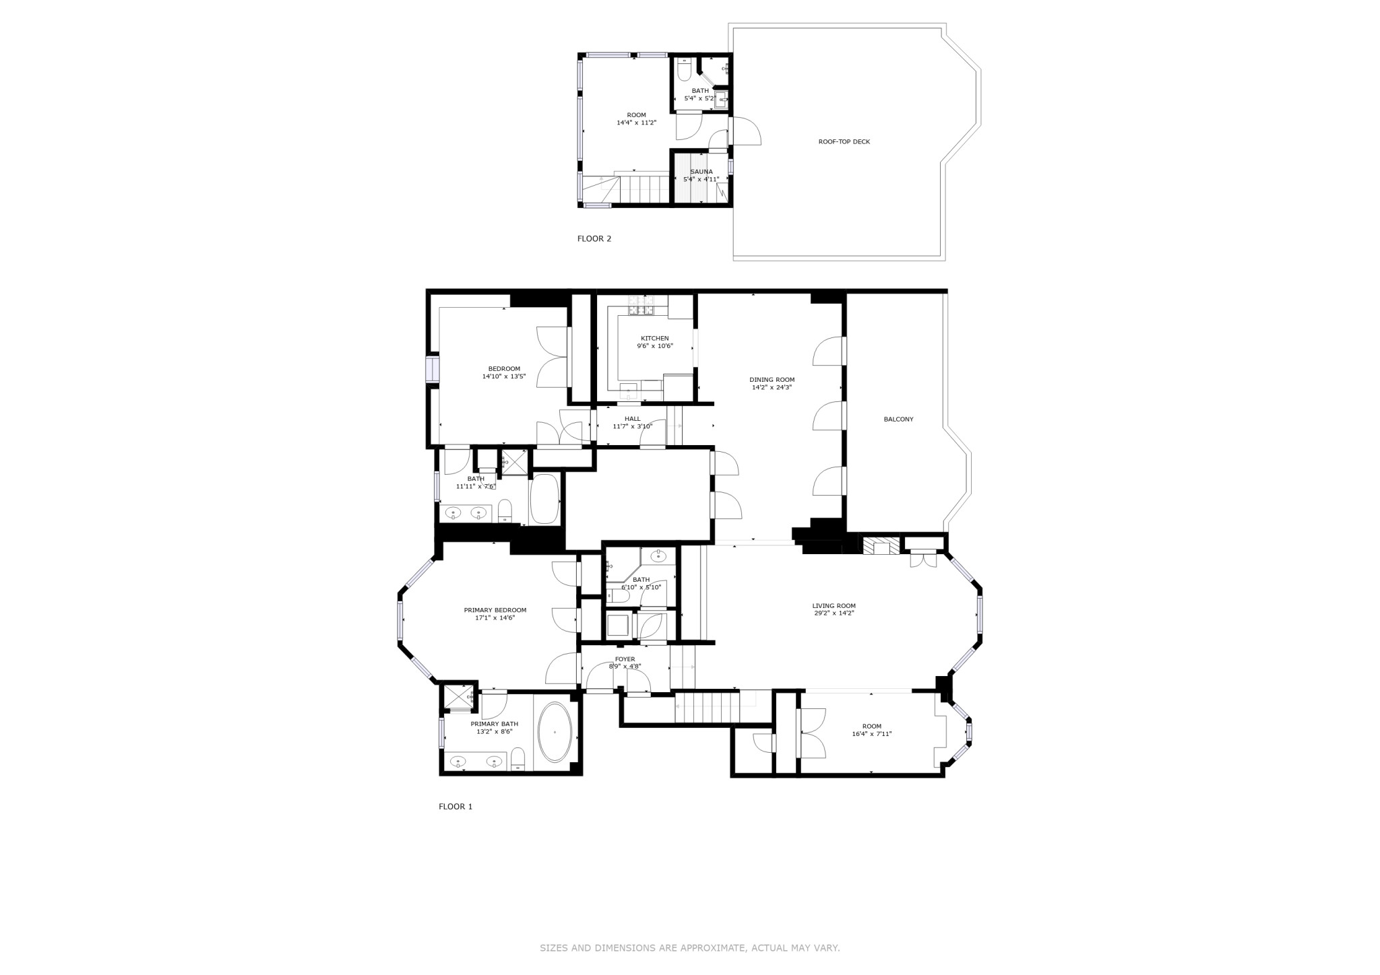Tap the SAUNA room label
[701, 172]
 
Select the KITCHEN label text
[654, 339]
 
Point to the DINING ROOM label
[772, 380]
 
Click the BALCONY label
[898, 419]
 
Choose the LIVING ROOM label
[834, 606]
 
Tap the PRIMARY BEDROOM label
[495, 610]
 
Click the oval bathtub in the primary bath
[555, 733]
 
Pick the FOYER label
[625, 659]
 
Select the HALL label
[632, 419]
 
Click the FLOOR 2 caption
[594, 238]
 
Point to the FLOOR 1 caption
[456, 807]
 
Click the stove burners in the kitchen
[641, 306]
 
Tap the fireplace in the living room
[881, 545]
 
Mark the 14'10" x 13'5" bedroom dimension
[503, 376]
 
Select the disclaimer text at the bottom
[689, 948]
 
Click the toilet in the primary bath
[517, 759]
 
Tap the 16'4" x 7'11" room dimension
[871, 734]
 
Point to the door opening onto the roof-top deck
[745, 131]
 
